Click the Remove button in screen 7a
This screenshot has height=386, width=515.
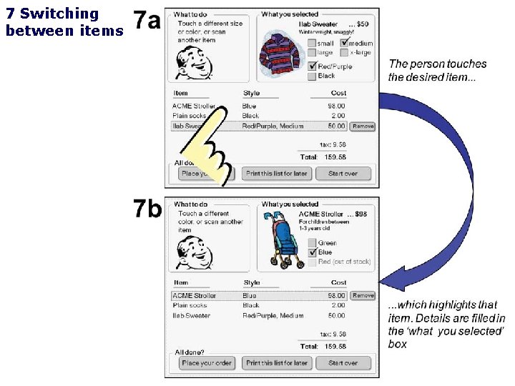(363, 127)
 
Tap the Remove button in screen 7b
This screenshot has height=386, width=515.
(363, 295)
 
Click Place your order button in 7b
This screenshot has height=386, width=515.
(207, 363)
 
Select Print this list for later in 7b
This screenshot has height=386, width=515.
(277, 363)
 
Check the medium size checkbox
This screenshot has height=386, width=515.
(344, 43)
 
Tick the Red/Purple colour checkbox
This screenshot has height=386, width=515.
(312, 66)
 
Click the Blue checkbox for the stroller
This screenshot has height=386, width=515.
(312, 252)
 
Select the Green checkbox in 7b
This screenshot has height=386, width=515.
(312, 243)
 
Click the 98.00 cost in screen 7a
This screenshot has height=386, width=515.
(336, 106)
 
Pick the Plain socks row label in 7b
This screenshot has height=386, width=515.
(190, 305)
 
